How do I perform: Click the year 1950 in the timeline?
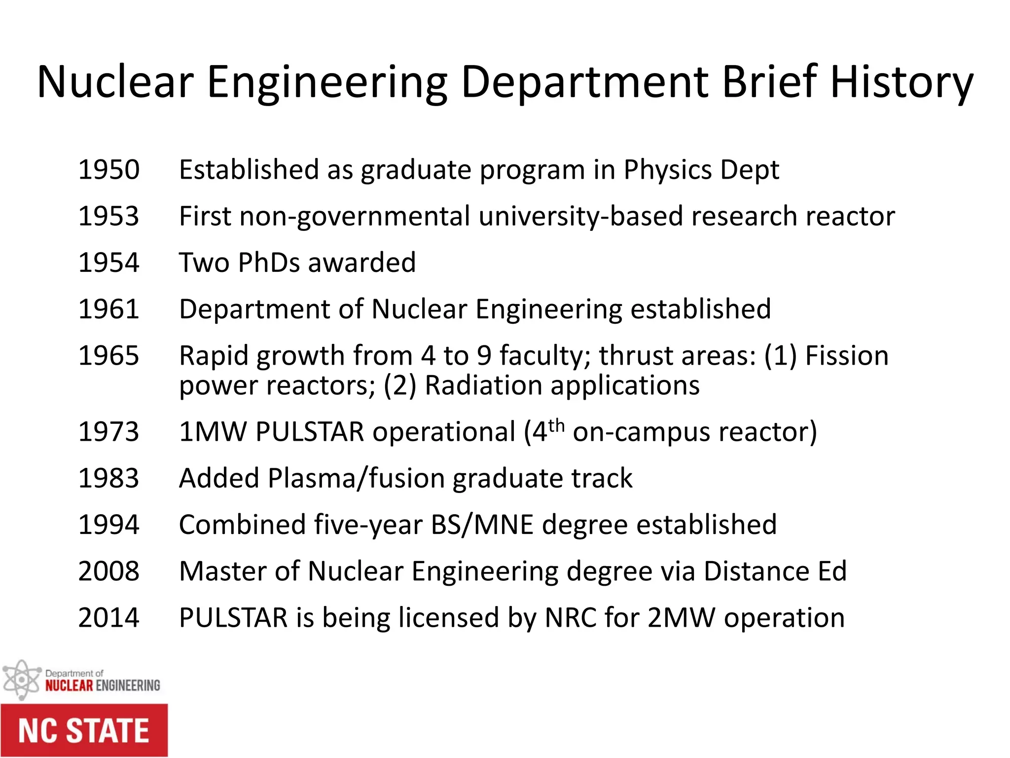pos(109,170)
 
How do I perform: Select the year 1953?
pos(109,216)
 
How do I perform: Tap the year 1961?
pos(109,309)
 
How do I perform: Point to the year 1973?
pos(109,432)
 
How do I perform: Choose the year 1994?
pos(109,525)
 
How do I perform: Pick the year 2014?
pos(109,618)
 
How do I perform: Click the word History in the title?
pos(902,83)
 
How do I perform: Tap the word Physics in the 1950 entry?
pos(667,171)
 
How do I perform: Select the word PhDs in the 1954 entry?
pos(269,263)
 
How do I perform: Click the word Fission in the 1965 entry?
pos(847,356)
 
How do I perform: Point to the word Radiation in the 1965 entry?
pos(483,385)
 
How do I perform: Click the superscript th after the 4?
pos(556,425)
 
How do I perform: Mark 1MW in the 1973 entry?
pos(213,432)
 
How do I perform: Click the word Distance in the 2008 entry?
pos(756,571)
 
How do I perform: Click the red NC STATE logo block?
pos(84,730)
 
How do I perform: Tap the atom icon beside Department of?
pos(21,680)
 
